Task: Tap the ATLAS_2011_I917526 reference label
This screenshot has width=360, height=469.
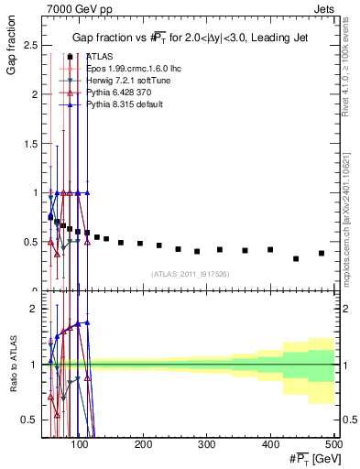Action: pyautogui.click(x=191, y=273)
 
